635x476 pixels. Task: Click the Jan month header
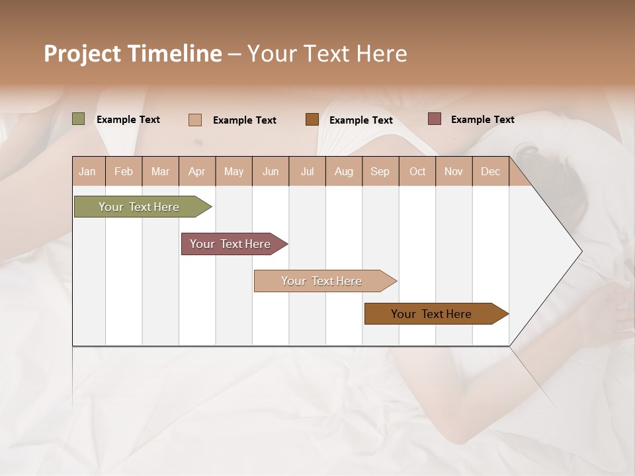coord(87,171)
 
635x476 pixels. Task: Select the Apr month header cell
coord(196,171)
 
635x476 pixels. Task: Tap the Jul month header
coord(307,171)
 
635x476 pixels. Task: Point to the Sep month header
coord(380,171)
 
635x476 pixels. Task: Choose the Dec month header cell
coord(490,171)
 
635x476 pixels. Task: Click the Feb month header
coord(124,171)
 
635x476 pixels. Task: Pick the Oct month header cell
coord(417,171)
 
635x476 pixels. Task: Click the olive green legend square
coord(79,119)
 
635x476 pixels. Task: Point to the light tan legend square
coord(195,120)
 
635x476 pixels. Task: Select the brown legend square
coord(312,120)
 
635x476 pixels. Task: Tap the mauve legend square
coord(434,119)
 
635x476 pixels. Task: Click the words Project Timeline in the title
coord(133,54)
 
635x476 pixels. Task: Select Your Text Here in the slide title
coord(327,54)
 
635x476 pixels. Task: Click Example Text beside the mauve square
coord(482,120)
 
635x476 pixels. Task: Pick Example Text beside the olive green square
coord(128,120)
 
